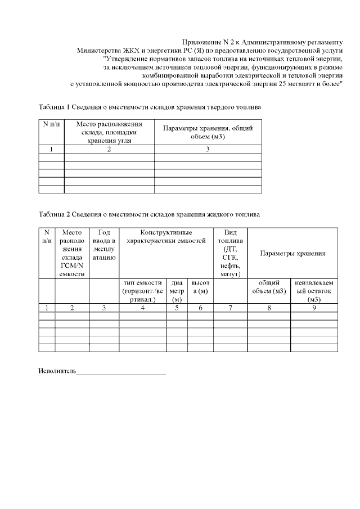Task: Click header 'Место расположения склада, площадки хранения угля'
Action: pyautogui.click(x=109, y=132)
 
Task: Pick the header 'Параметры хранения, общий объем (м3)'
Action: pyautogui.click(x=208, y=132)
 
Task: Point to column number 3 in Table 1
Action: pyautogui.click(x=208, y=150)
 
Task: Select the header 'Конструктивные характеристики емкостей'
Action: pyautogui.click(x=166, y=237)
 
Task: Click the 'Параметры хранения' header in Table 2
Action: pyautogui.click(x=292, y=253)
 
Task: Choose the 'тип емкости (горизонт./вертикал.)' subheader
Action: pyautogui.click(x=142, y=291)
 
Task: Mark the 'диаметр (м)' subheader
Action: pyautogui.click(x=177, y=291)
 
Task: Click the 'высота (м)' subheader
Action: pyautogui.click(x=200, y=287)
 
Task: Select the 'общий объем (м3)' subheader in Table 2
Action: pyautogui.click(x=269, y=287)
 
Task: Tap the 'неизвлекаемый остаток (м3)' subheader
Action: pyautogui.click(x=314, y=291)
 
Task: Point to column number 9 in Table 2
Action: pyautogui.click(x=314, y=308)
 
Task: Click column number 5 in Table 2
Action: pyautogui.click(x=177, y=308)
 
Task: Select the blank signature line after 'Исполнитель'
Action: pyautogui.click(x=121, y=372)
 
